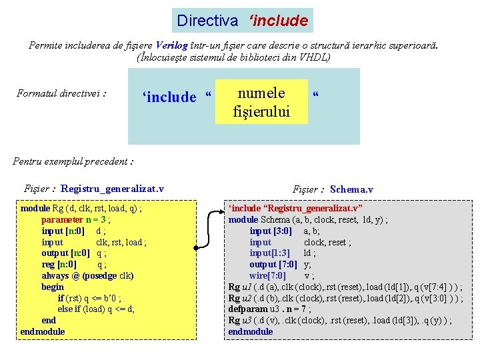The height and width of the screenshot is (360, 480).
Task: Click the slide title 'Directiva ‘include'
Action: [x=242, y=21]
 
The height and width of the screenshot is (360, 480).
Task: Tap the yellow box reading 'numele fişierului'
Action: [x=261, y=102]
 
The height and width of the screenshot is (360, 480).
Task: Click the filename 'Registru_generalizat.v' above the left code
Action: [x=112, y=189]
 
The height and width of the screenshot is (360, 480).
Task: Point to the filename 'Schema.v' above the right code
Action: [x=351, y=189]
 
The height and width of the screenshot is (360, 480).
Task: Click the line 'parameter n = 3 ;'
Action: [x=76, y=219]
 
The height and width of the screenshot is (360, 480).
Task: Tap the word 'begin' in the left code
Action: [x=53, y=287]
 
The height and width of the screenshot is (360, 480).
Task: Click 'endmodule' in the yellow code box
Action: [x=43, y=331]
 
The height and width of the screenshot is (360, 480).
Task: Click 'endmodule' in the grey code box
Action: [x=251, y=331]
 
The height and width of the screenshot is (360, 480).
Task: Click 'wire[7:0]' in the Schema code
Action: [x=267, y=275]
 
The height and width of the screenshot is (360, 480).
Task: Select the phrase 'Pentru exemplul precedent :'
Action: [x=73, y=161]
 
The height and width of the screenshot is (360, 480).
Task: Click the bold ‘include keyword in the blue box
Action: [x=170, y=97]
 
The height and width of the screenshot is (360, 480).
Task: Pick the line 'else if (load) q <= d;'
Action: [x=96, y=309]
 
